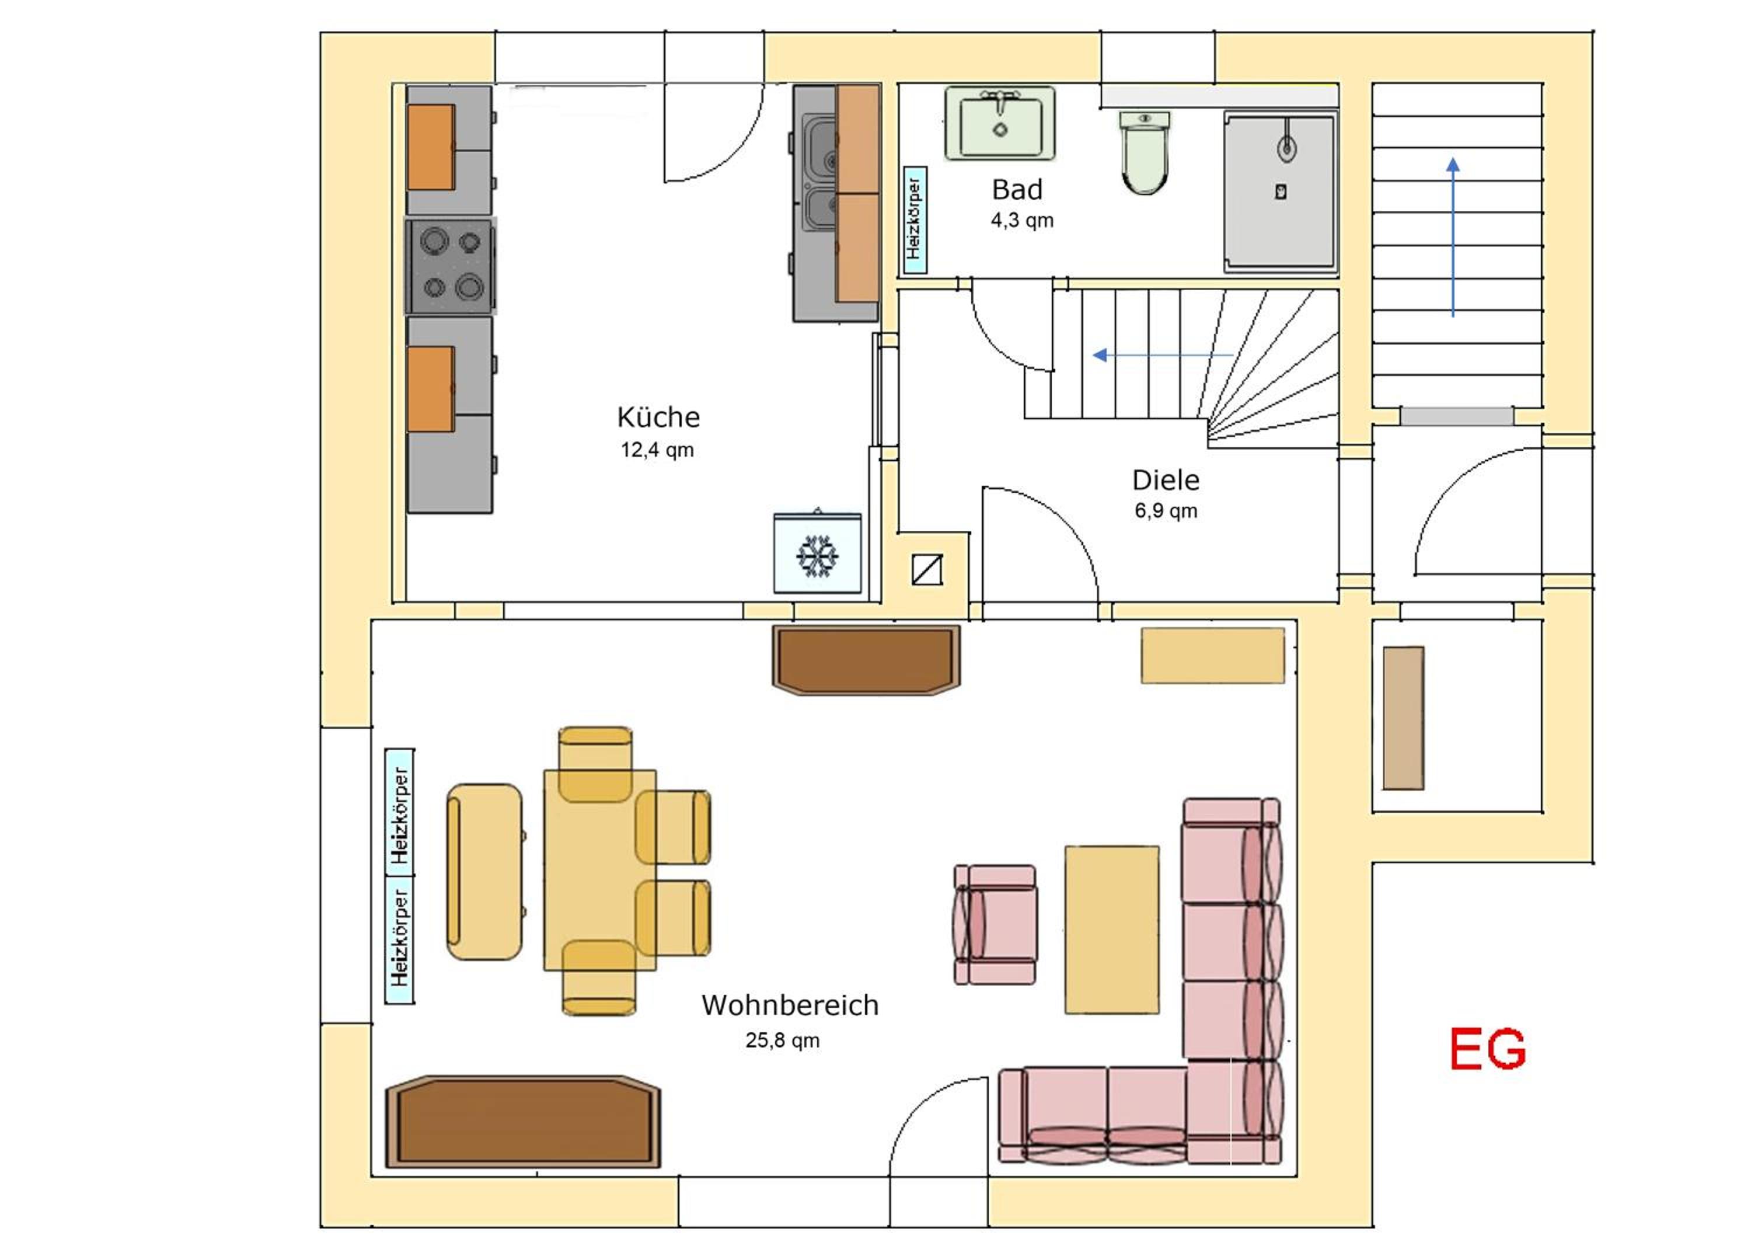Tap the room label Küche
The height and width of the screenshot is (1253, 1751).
pyautogui.click(x=658, y=417)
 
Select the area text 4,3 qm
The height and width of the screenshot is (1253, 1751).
pyautogui.click(x=1022, y=221)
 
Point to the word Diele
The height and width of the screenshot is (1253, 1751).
pyautogui.click(x=1166, y=480)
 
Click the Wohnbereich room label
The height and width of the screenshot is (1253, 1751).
pyautogui.click(x=790, y=1005)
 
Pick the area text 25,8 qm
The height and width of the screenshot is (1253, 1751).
pyautogui.click(x=782, y=1041)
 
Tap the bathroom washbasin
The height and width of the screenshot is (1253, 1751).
pyautogui.click(x=1000, y=123)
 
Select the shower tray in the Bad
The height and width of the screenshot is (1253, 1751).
pyautogui.click(x=1281, y=192)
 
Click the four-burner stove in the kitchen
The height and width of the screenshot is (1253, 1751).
pyautogui.click(x=451, y=266)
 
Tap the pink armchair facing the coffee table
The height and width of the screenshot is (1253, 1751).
pyautogui.click(x=995, y=924)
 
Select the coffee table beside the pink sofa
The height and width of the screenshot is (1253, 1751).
pyautogui.click(x=1111, y=930)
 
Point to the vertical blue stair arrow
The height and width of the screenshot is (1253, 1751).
pyautogui.click(x=1453, y=238)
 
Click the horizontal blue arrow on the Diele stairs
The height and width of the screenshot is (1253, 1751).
pyautogui.click(x=1163, y=355)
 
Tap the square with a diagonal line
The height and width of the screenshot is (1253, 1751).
pyautogui.click(x=926, y=569)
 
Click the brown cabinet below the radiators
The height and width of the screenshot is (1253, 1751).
pyautogui.click(x=523, y=1121)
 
